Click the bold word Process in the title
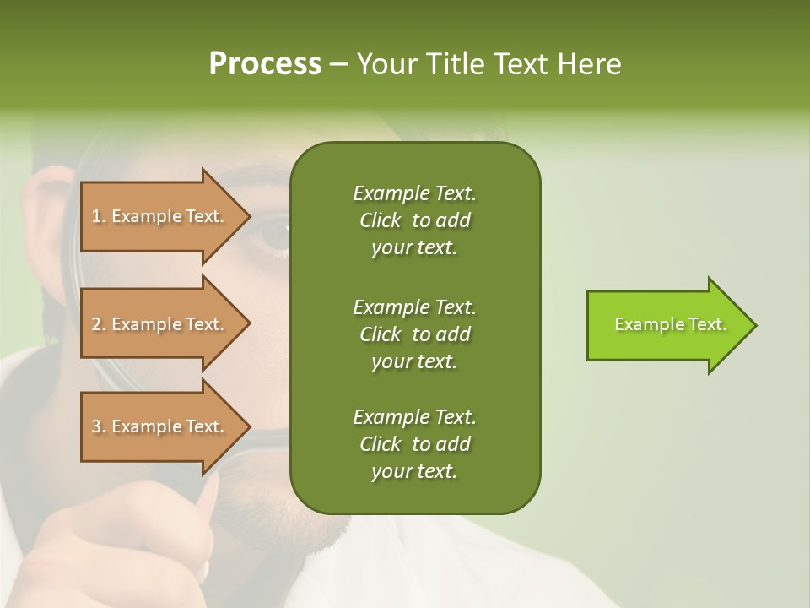click(265, 64)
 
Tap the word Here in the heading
click(590, 64)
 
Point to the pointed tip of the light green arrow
click(753, 325)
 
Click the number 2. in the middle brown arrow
click(99, 324)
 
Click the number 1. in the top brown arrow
click(99, 216)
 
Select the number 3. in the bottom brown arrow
click(99, 426)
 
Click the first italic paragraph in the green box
click(414, 220)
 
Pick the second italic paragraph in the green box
click(414, 334)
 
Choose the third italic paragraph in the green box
click(414, 444)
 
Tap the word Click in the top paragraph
click(381, 220)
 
